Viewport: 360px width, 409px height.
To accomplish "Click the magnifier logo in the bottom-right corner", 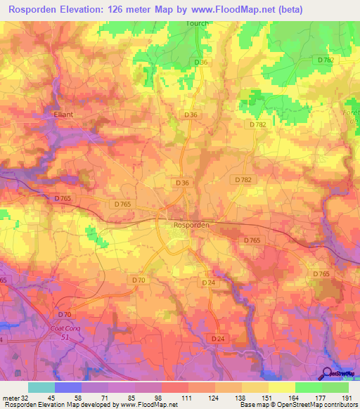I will [326, 374].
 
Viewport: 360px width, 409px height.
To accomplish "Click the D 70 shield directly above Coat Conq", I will [65, 313].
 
